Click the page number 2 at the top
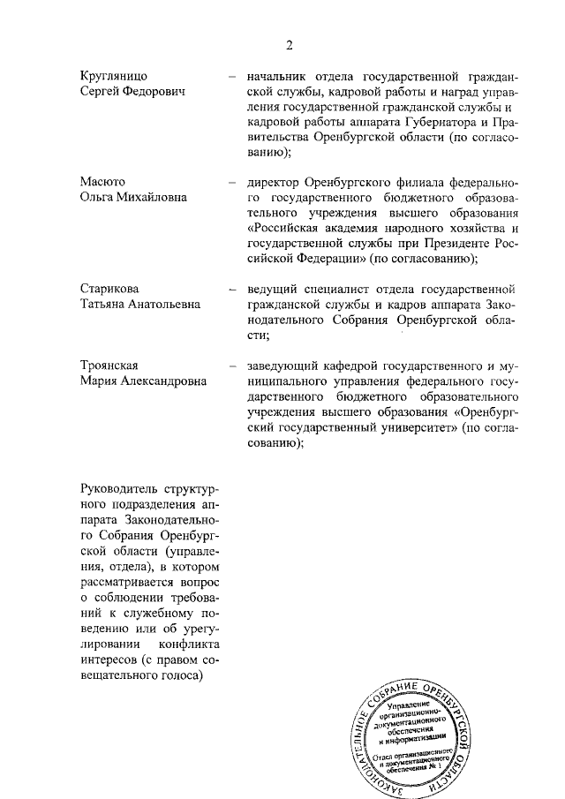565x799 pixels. [288, 46]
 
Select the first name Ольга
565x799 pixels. [96, 198]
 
